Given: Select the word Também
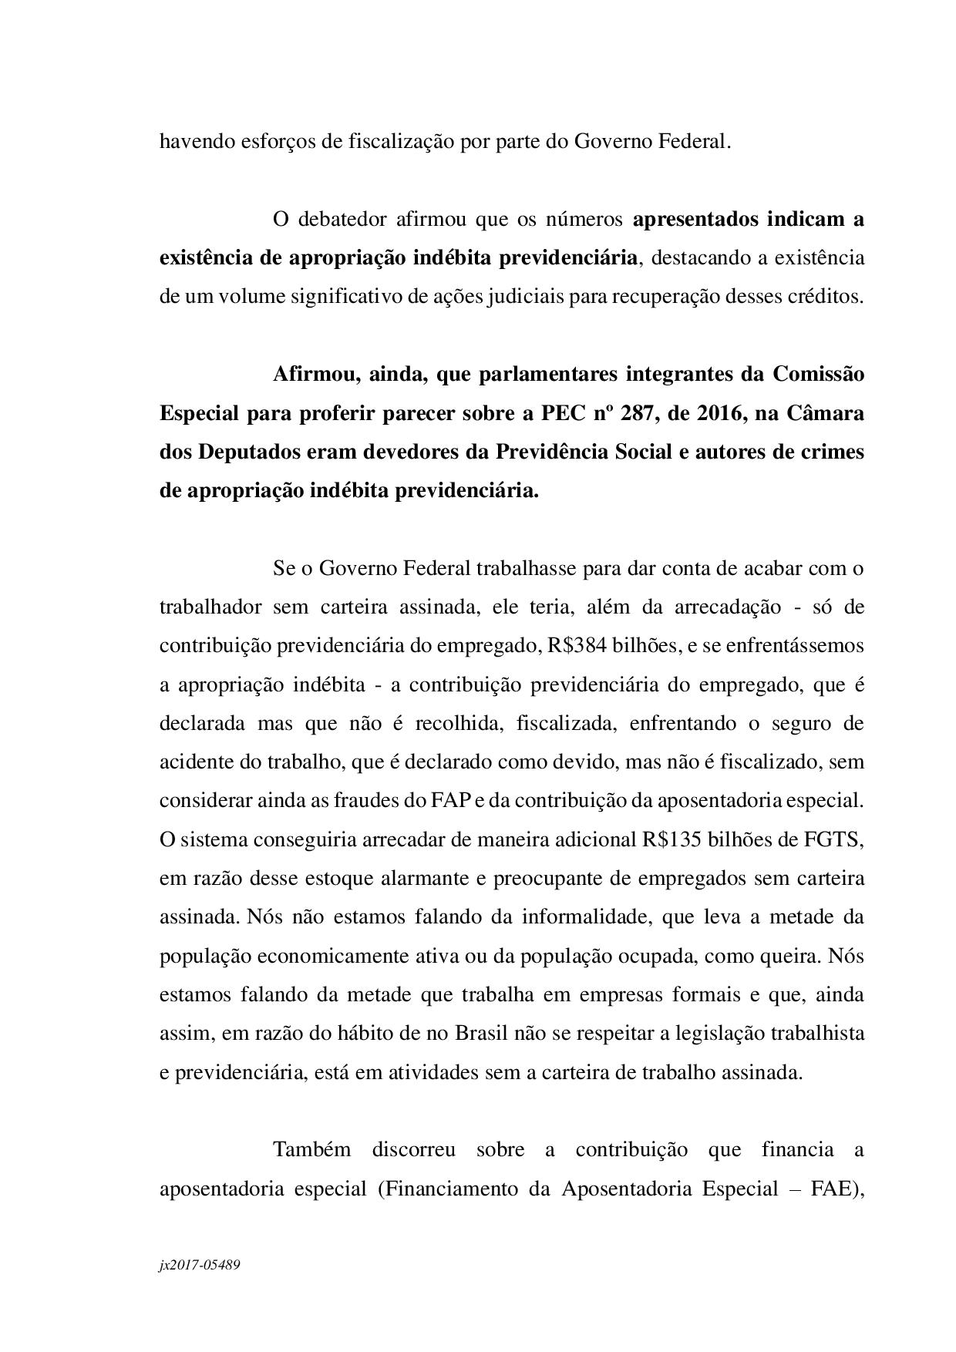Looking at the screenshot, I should [311, 1149].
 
